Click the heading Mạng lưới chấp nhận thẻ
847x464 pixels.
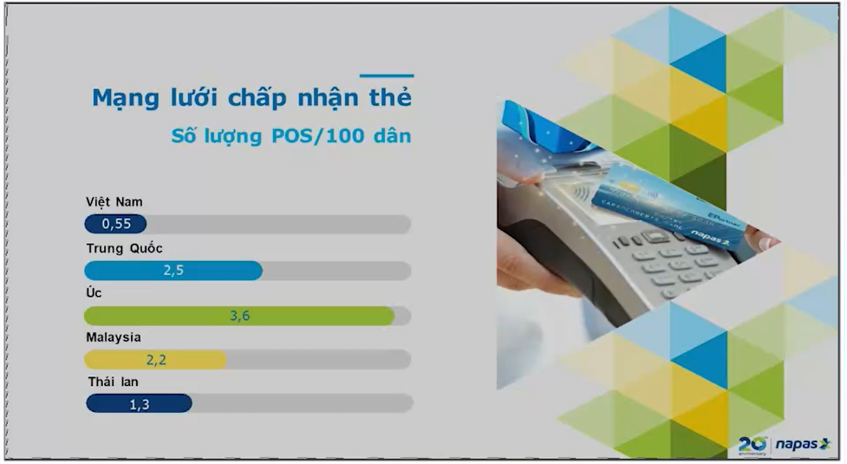point(251,98)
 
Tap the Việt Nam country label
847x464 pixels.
point(114,202)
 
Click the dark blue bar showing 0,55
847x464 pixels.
point(115,224)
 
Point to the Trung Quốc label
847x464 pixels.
point(124,248)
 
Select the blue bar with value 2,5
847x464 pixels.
point(173,270)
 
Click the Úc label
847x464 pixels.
point(94,293)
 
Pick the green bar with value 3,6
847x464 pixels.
point(238,316)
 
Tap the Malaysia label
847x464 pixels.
point(114,337)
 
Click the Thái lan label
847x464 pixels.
point(113,382)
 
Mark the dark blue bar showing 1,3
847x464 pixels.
point(139,403)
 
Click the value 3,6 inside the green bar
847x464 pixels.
point(239,316)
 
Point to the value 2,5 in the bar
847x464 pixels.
point(173,270)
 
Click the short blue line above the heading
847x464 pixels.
point(387,76)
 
